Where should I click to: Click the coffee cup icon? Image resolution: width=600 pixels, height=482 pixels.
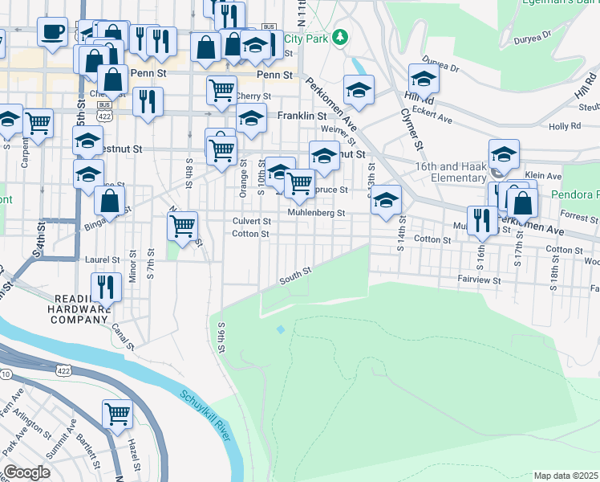click(52, 32)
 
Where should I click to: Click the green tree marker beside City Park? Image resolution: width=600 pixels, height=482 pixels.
click(340, 37)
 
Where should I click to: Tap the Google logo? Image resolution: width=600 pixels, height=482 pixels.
click(26, 472)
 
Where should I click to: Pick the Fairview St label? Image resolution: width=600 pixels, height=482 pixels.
click(480, 281)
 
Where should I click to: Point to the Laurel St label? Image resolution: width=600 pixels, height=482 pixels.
click(102, 260)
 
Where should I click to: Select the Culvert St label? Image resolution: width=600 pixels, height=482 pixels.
click(251, 221)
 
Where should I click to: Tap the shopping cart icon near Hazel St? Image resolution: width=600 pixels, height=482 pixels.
click(117, 414)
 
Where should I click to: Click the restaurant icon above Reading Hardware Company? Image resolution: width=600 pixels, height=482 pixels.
click(106, 286)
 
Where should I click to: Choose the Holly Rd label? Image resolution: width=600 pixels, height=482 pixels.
click(564, 127)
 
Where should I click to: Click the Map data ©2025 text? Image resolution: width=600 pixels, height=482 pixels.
click(565, 476)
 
